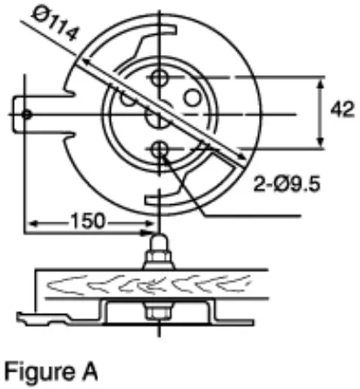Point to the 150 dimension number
pos(86,222)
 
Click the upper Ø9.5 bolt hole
pos(159,79)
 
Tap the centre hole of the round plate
pos(158,115)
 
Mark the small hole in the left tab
pos(28,114)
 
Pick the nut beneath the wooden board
pos(158,310)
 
